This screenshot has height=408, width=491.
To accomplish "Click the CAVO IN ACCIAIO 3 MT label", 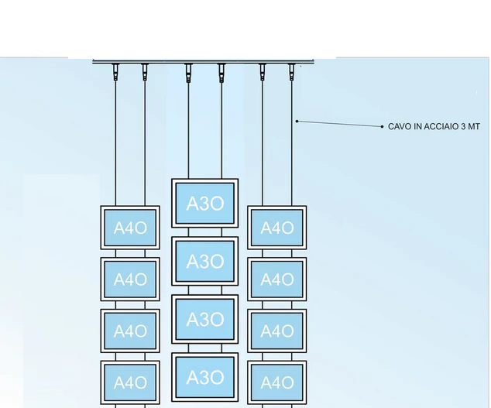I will (434, 126).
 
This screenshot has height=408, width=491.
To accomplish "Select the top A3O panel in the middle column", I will (205, 204).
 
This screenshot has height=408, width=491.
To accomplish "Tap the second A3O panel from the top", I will (205, 262).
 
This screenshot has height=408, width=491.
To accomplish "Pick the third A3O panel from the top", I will (205, 320).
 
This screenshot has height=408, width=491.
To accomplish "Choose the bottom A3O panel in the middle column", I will (205, 378).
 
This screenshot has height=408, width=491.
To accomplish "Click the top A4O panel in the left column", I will (130, 228).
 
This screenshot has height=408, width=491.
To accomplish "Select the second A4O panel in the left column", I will (130, 279).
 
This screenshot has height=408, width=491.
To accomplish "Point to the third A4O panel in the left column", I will (130, 331).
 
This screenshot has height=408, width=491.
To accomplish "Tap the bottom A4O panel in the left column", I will (130, 382).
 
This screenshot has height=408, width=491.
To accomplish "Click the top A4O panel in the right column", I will (276, 228).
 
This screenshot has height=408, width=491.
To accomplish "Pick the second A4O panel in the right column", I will (276, 279).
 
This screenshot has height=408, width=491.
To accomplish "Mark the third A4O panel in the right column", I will (276, 331).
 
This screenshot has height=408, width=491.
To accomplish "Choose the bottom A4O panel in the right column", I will (276, 382).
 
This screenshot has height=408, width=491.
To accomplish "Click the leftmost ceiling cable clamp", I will (115, 72).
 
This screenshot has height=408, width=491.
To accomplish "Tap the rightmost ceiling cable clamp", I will (292, 72).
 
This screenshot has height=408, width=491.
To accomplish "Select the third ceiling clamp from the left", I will (188, 72).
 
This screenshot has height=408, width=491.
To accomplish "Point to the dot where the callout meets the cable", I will (297, 121).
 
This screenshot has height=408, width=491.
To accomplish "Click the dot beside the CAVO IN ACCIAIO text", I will (382, 126).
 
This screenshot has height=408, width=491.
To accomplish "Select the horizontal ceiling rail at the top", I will (203, 61).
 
